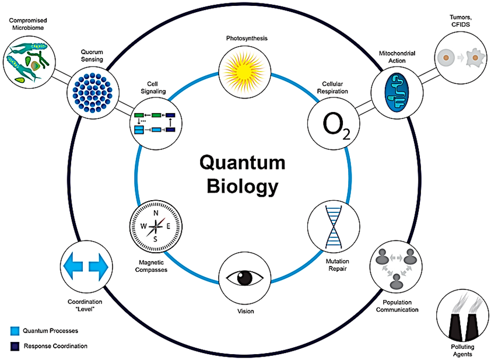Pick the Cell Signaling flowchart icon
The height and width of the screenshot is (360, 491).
tap(155, 122)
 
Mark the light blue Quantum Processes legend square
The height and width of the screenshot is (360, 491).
tap(13, 331)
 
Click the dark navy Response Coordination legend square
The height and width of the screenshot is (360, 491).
tap(13, 346)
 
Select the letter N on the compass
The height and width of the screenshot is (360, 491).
tap(156, 213)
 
